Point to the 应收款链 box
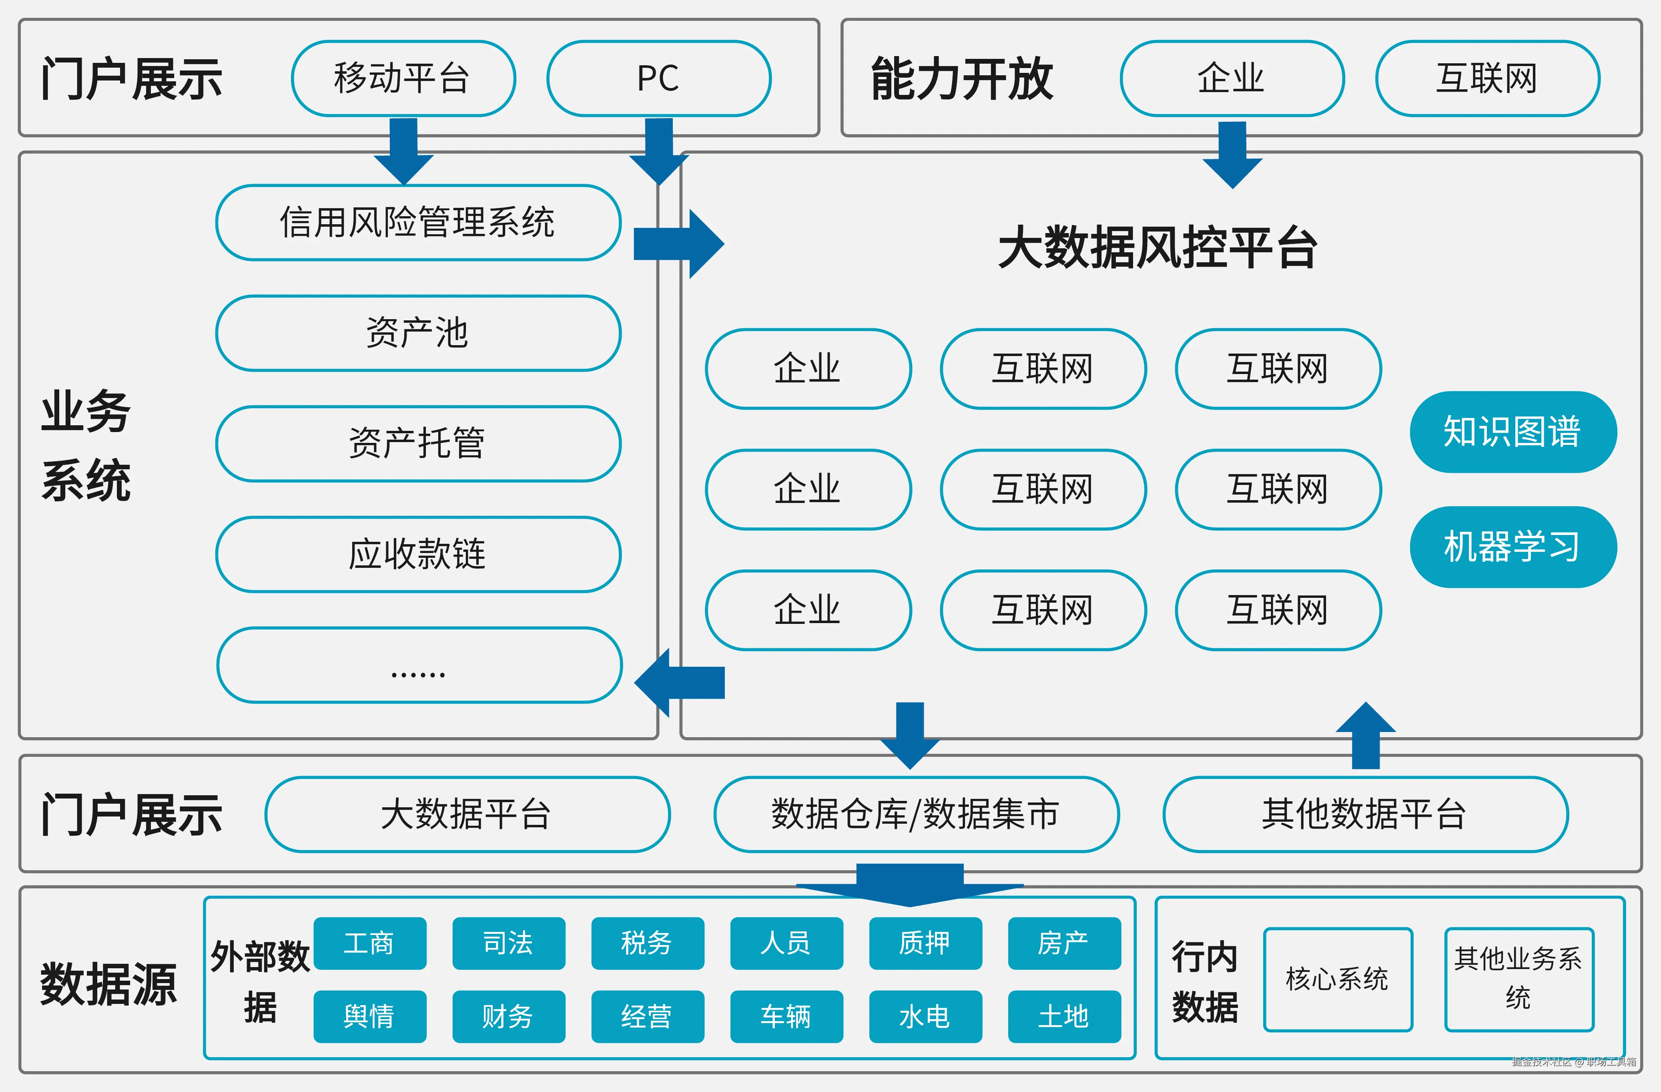tap(418, 554)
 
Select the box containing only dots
tap(419, 665)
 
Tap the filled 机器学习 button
tap(1513, 547)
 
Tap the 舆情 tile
tap(369, 1016)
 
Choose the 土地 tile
tap(1063, 1016)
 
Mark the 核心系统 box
tap(1337, 979)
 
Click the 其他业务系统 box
tap(1519, 979)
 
